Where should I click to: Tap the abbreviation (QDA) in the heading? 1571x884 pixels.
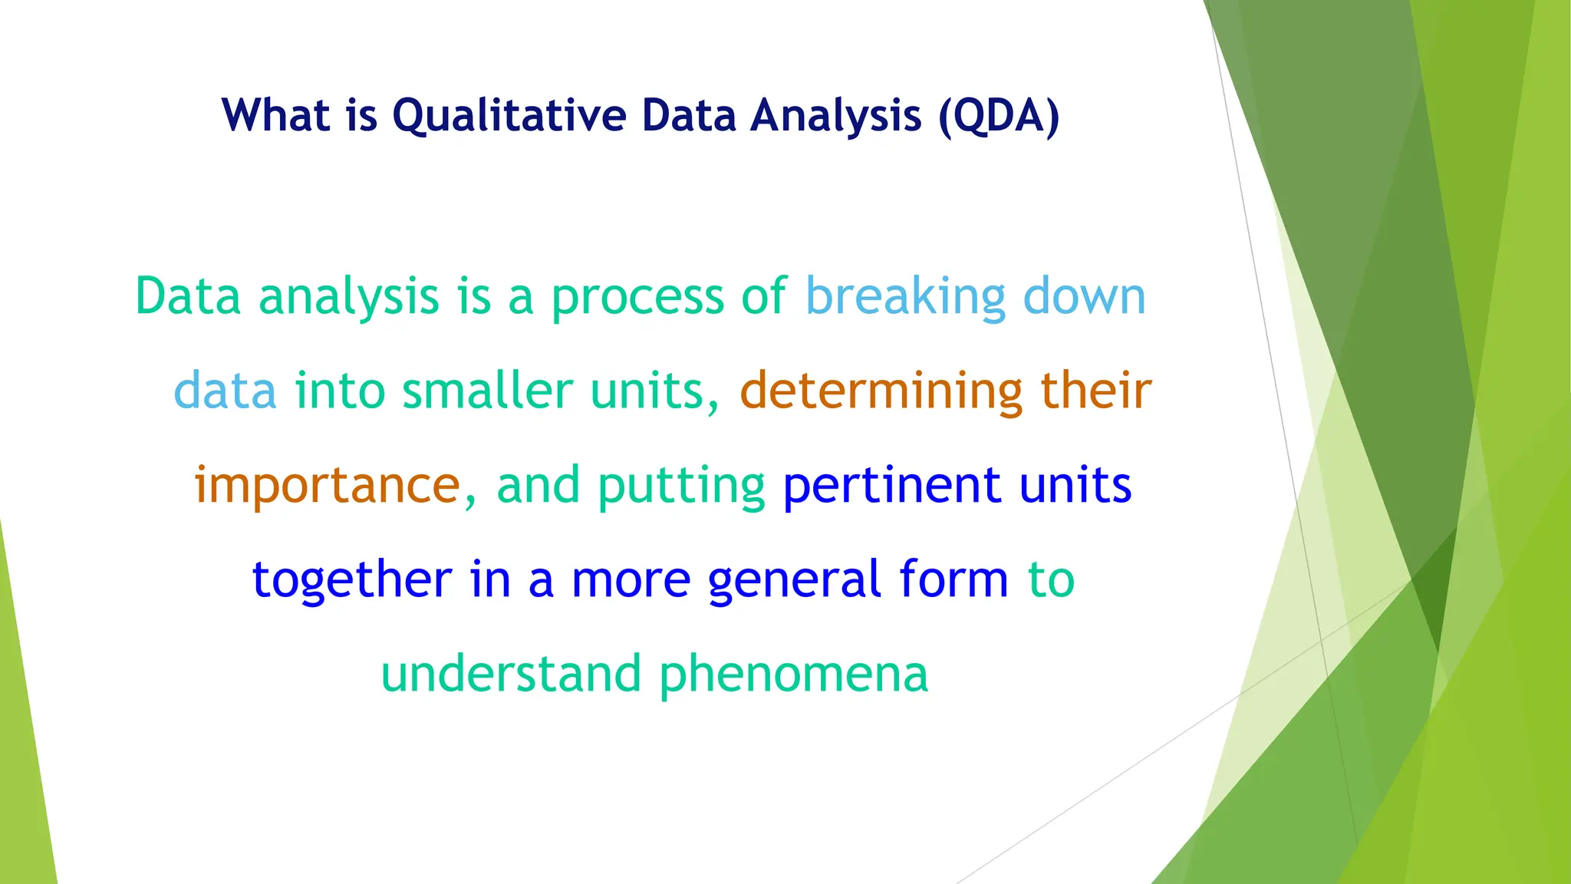999,117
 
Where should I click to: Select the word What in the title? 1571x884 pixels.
276,117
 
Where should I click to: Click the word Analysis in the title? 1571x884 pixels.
835,117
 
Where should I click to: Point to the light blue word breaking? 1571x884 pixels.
905,297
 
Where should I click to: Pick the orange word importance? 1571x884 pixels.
328,486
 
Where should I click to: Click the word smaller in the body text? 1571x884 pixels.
487,391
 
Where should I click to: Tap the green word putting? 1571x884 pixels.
681,487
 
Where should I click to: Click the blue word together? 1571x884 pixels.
352,580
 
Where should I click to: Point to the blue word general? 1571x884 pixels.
793,582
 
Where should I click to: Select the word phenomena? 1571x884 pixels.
793,675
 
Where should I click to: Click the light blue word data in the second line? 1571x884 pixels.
225,391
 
